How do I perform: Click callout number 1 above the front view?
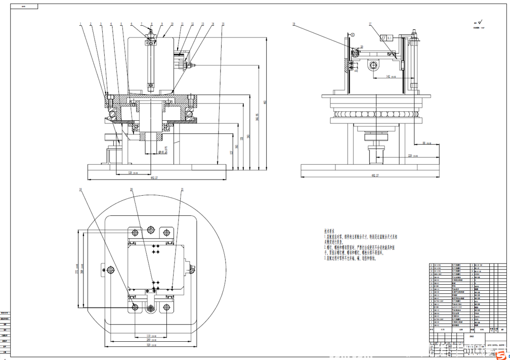[x=80, y=24]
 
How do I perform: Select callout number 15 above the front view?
[x=223, y=24]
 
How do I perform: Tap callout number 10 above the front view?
[x=172, y=24]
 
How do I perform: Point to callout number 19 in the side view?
[x=293, y=24]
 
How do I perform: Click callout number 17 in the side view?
[x=370, y=24]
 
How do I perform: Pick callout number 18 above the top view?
[x=80, y=190]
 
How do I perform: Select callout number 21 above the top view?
[x=182, y=190]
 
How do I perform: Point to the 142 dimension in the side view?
[x=388, y=76]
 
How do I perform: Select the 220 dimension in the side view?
[x=411, y=156]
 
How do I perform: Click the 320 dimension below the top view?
[x=149, y=345]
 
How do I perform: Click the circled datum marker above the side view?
[x=353, y=34]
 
